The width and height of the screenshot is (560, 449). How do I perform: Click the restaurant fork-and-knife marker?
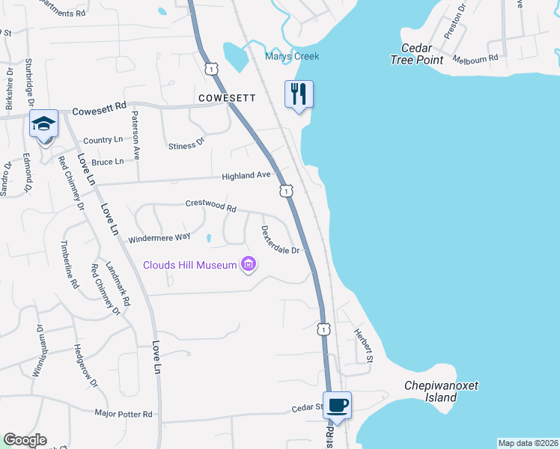[x=299, y=94]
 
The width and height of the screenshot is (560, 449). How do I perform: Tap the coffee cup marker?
[x=337, y=405]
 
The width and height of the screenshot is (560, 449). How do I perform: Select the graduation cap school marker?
[x=44, y=124]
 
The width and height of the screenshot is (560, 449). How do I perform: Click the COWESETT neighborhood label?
[x=228, y=98]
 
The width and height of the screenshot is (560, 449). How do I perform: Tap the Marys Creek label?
[x=292, y=56]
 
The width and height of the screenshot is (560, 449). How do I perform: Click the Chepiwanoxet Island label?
[x=441, y=391]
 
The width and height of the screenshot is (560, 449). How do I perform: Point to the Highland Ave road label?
[x=246, y=176]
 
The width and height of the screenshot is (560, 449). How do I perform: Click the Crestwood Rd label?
[x=211, y=205]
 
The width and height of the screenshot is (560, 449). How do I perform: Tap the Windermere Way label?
[x=159, y=238]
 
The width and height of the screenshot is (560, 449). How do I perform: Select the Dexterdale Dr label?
[x=280, y=239]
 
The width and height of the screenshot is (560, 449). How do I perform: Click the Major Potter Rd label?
[x=124, y=413]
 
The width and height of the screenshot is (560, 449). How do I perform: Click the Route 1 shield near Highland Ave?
[x=286, y=192]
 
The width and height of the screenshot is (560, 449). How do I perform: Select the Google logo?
[x=25, y=440]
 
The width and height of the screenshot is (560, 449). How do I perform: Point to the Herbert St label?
[x=363, y=345]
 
